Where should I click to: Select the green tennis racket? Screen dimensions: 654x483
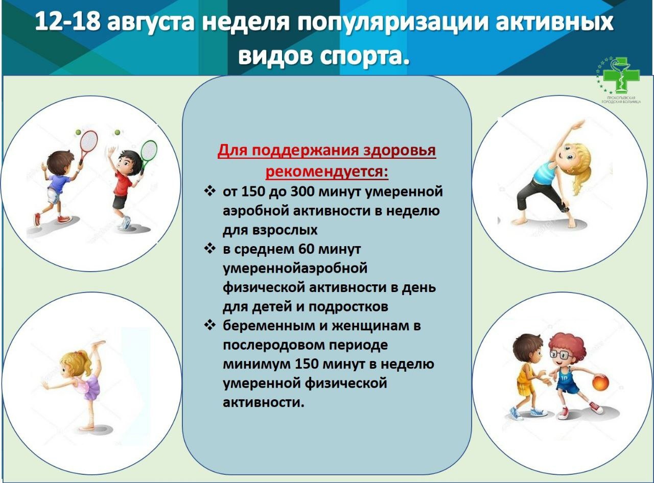[148, 154]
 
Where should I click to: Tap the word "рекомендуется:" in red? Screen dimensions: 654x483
[326, 171]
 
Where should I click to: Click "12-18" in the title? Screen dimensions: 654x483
[67, 21]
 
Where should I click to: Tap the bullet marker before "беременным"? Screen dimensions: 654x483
[209, 325]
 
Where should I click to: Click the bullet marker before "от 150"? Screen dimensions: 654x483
[209, 191]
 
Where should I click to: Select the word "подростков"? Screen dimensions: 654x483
[348, 307]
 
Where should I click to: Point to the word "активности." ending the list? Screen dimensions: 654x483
[263, 402]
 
